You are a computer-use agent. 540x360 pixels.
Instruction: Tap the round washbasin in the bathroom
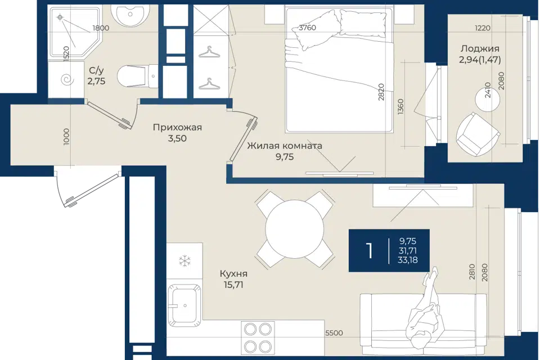point(130,15)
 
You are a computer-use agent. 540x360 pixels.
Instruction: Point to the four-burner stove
point(258,337)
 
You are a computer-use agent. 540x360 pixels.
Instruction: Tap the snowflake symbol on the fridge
point(185,260)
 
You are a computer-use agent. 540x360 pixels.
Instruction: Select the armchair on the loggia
point(478,134)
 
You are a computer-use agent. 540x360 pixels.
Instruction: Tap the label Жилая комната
point(285,146)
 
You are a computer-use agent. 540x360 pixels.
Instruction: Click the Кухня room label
point(233,274)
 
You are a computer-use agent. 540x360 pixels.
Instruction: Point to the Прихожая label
point(177,128)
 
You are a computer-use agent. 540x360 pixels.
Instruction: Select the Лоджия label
point(480,48)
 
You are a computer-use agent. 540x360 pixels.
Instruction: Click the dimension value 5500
point(334,333)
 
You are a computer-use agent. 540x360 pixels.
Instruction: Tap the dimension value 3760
point(307,28)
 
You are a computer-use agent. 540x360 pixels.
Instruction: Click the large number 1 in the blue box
point(370,250)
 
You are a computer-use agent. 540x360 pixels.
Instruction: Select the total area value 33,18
point(408,260)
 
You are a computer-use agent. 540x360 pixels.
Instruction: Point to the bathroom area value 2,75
point(96,82)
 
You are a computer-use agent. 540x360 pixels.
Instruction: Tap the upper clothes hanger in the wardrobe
point(209,52)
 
